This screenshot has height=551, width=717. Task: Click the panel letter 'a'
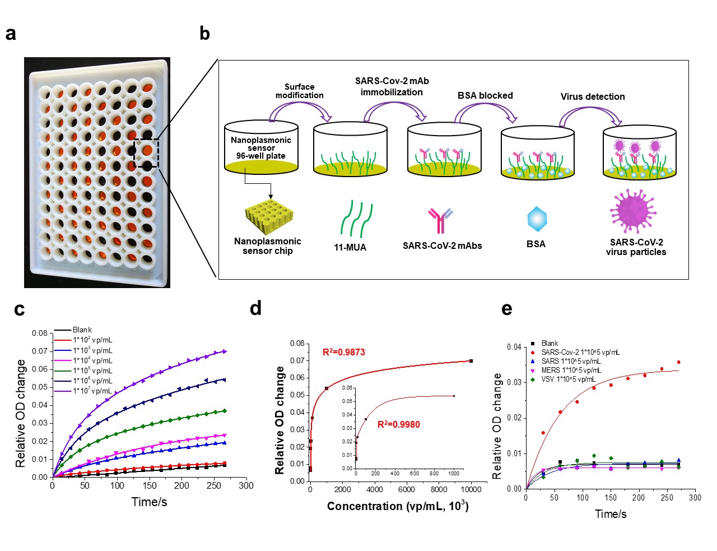pyautogui.click(x=11, y=34)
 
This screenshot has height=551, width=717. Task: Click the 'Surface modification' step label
pyautogui.click(x=299, y=91)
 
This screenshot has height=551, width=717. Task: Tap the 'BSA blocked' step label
pyautogui.click(x=485, y=95)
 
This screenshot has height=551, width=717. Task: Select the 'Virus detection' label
pyautogui.click(x=593, y=96)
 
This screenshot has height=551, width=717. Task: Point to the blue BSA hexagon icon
pyautogui.click(x=537, y=219)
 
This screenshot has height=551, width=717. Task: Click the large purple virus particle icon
pyautogui.click(x=633, y=211)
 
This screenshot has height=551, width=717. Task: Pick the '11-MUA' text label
pyautogui.click(x=350, y=247)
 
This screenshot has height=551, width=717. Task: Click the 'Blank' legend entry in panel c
pyautogui.click(x=82, y=330)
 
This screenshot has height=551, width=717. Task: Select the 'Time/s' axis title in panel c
pyautogui.click(x=149, y=502)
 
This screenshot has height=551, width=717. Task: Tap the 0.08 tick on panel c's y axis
pyautogui.click(x=40, y=333)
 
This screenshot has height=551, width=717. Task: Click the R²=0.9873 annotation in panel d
pyautogui.click(x=344, y=352)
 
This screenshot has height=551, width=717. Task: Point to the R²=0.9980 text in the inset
pyautogui.click(x=398, y=424)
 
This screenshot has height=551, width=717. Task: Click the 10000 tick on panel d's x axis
pyautogui.click(x=471, y=489)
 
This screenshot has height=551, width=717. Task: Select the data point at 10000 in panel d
pyautogui.click(x=471, y=361)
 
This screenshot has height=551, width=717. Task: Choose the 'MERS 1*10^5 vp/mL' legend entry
pyautogui.click(x=571, y=370)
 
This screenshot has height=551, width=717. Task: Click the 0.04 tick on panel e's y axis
pyautogui.click(x=514, y=347)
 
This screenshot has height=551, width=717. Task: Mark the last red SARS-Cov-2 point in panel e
pyautogui.click(x=678, y=362)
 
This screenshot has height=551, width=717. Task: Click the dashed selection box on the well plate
pyautogui.click(x=146, y=153)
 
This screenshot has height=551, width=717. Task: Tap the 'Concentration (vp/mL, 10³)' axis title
pyautogui.click(x=398, y=506)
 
